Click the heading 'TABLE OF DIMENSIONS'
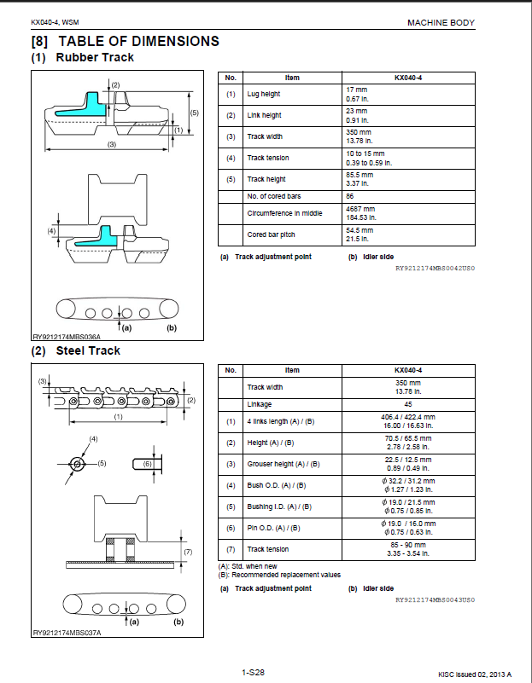[x=138, y=41]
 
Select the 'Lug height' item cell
[x=264, y=94]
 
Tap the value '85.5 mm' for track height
[x=360, y=175]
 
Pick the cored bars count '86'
[x=350, y=196]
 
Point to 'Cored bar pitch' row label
[x=272, y=234]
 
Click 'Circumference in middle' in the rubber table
[x=284, y=213]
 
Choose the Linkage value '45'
[x=408, y=404]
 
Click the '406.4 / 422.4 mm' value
[x=408, y=417]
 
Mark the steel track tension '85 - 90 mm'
[x=408, y=545]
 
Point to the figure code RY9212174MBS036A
[x=67, y=337]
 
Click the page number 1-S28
[x=253, y=673]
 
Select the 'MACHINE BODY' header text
[x=441, y=23]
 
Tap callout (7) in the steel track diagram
[x=188, y=552]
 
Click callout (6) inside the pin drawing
[x=148, y=464]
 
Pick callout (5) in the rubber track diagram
[x=195, y=113]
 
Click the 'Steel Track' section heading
[x=88, y=351]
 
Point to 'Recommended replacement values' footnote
[x=286, y=575]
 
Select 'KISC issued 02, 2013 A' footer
[x=475, y=674]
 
